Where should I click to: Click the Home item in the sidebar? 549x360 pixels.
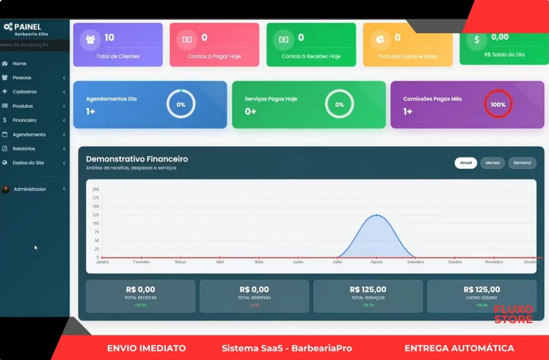click(19, 63)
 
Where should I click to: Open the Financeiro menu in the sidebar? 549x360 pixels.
click(24, 120)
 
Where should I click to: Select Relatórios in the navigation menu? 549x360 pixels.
click(24, 148)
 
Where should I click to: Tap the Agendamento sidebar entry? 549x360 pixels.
click(28, 134)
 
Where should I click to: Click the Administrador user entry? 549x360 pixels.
click(30, 189)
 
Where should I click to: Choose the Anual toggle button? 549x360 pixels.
click(466, 163)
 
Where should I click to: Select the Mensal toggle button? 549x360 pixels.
click(492, 163)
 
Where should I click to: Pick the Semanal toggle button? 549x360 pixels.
click(522, 163)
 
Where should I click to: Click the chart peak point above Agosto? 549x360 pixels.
click(377, 215)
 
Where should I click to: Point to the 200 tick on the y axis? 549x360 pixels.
click(95, 189)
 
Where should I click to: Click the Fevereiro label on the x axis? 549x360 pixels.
click(142, 262)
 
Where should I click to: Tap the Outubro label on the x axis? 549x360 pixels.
click(454, 262)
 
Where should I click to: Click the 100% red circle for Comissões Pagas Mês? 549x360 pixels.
click(498, 104)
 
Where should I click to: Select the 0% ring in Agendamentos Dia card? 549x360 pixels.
click(181, 104)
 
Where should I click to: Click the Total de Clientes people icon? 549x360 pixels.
click(90, 39)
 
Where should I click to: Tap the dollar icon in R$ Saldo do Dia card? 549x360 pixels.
click(477, 39)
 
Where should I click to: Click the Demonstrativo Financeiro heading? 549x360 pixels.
click(137, 159)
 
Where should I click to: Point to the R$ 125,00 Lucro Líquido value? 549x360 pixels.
click(482, 289)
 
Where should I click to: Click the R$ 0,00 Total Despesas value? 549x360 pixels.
click(254, 289)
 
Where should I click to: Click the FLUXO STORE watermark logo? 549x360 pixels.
click(513, 314)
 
